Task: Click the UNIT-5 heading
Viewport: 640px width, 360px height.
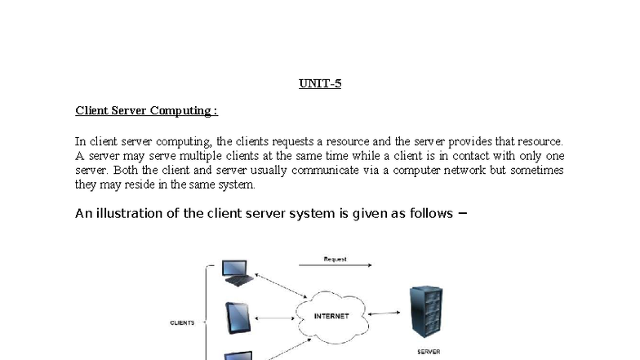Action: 320,83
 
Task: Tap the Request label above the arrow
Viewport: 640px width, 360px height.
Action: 335,260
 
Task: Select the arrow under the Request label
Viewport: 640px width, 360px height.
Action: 335,265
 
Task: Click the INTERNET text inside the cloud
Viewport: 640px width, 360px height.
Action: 331,316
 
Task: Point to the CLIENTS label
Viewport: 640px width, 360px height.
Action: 182,323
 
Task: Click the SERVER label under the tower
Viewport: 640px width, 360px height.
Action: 429,351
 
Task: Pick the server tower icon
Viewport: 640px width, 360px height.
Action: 426,312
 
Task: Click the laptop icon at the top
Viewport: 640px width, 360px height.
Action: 238,273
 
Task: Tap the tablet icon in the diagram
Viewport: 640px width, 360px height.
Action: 238,318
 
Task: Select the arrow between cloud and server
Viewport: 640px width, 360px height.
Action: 384,313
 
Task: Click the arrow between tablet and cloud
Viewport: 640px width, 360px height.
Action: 274,318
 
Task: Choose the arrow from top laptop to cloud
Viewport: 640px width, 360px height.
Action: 281,286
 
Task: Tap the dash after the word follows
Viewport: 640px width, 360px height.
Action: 462,212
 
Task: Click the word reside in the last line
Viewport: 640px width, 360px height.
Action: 140,184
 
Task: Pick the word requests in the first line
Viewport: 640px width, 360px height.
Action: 292,142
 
